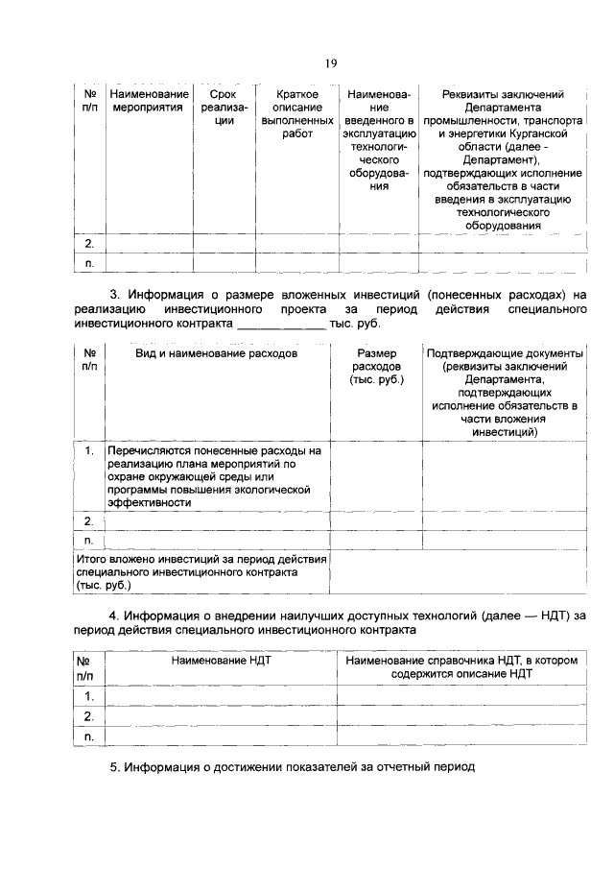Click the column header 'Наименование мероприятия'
149,101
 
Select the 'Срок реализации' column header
223,108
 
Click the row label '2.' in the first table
89,244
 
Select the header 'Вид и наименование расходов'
216,353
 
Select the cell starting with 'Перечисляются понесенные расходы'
216,474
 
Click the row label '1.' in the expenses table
89,449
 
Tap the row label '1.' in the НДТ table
89,696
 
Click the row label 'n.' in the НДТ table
89,736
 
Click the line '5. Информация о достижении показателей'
292,768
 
